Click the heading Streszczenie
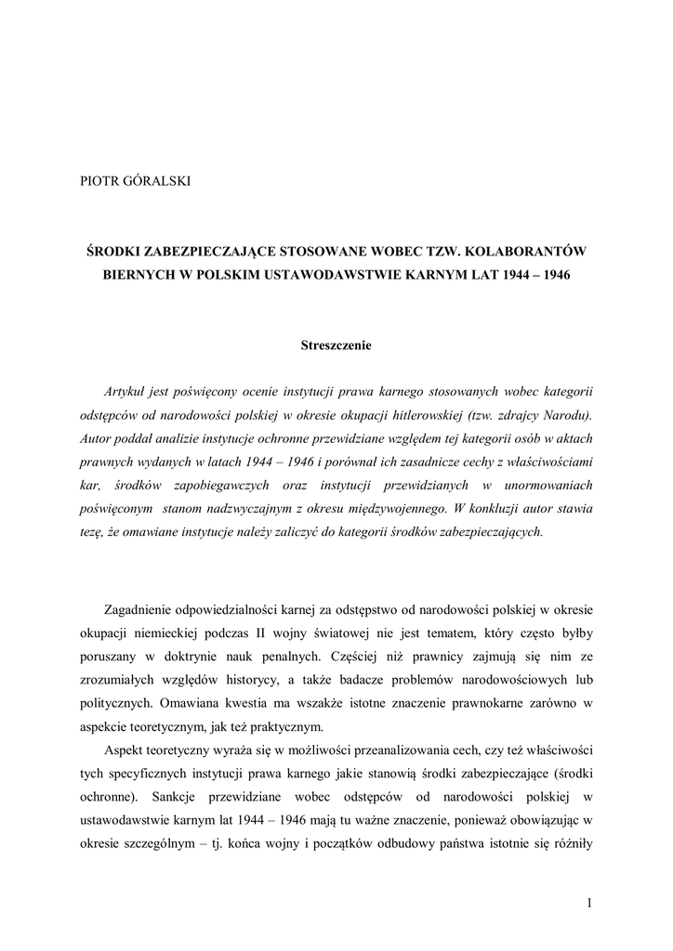(x=336, y=345)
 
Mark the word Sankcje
(x=172, y=798)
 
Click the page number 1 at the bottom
(x=589, y=902)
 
